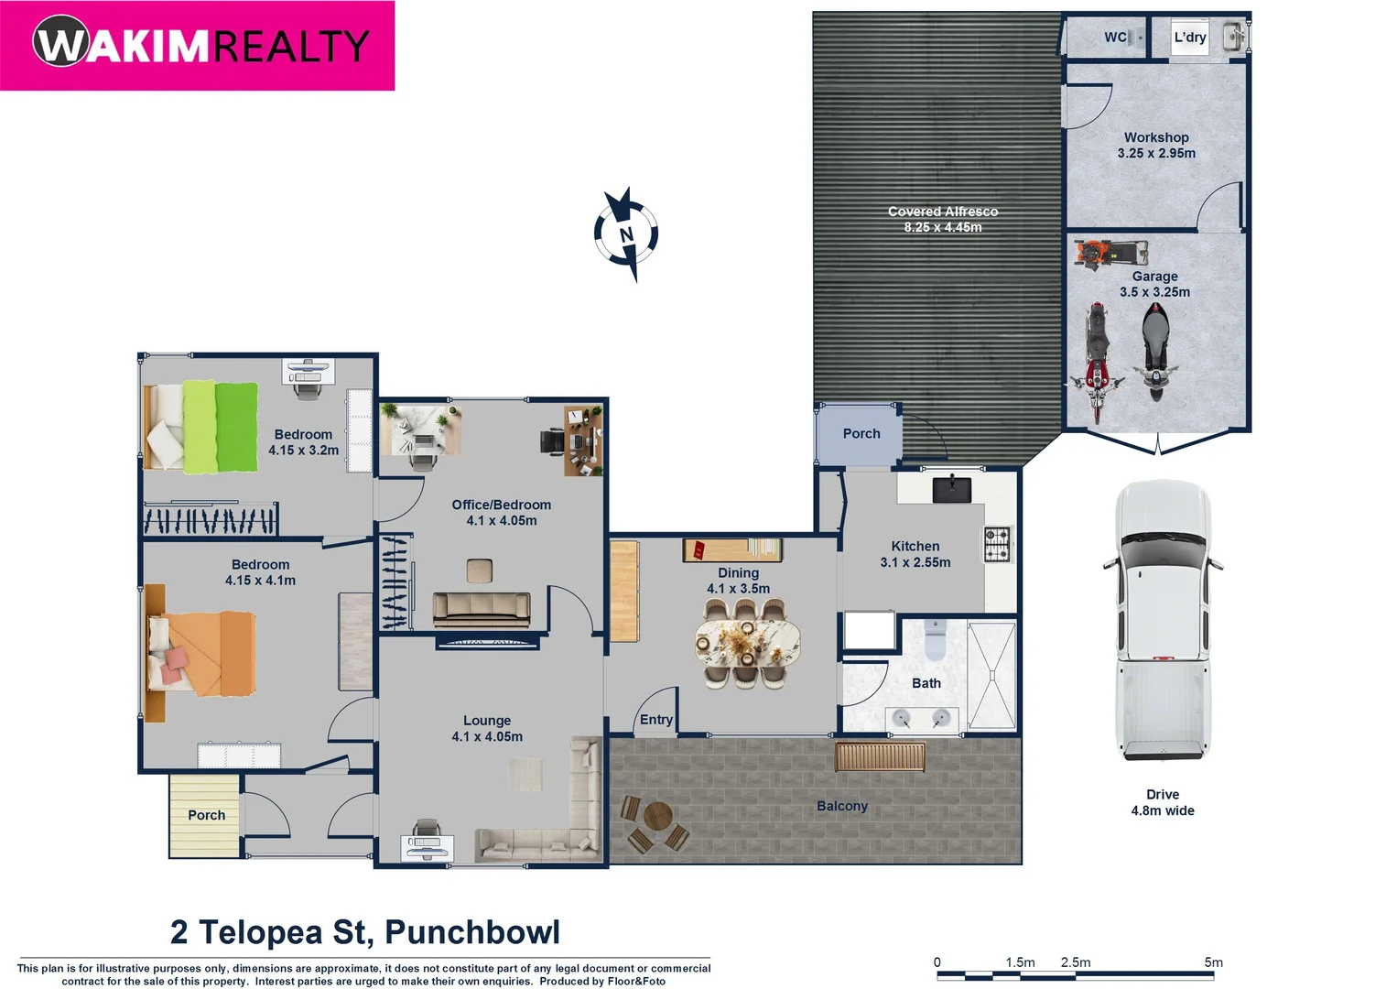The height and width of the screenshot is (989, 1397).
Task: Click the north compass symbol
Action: click(626, 234)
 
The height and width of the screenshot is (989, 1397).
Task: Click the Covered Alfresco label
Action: click(943, 219)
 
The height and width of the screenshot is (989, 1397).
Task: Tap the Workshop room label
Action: click(1156, 145)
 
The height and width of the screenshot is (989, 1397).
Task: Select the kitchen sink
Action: click(952, 489)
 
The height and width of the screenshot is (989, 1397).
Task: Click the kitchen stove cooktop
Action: click(997, 543)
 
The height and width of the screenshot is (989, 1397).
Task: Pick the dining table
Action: click(747, 643)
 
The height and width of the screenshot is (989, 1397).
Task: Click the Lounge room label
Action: click(487, 728)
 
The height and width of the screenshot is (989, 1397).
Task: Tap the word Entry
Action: click(656, 720)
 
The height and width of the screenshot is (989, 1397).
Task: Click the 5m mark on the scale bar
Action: click(1213, 962)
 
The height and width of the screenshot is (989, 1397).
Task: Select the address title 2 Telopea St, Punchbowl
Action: click(364, 932)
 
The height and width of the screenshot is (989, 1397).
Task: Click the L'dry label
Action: click(1189, 38)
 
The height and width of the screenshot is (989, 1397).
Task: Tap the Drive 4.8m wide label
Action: click(1163, 802)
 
